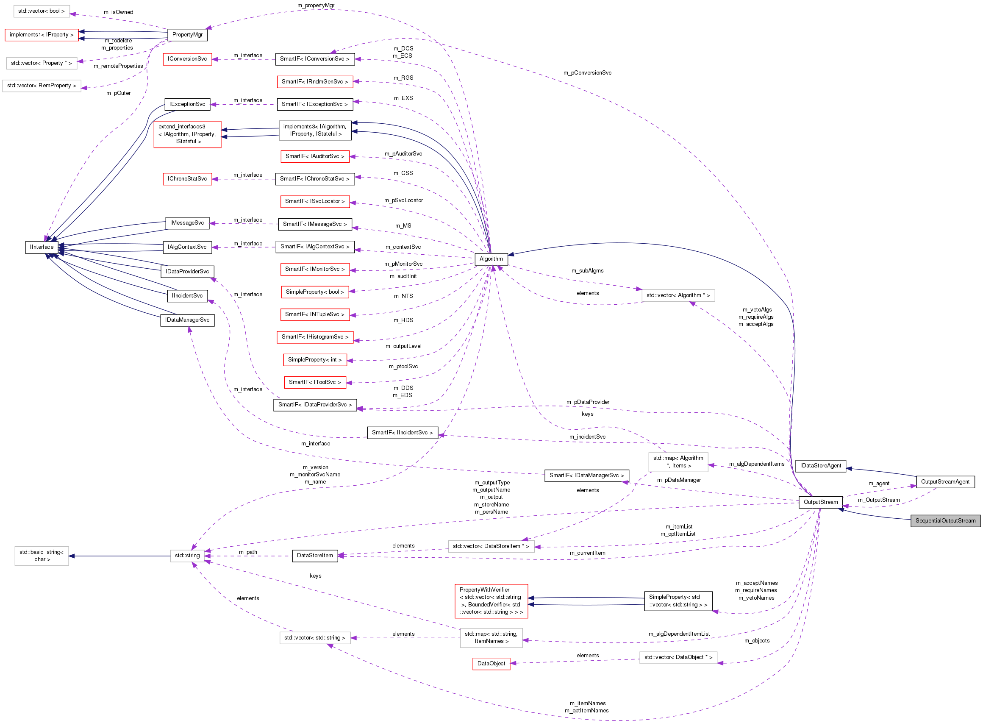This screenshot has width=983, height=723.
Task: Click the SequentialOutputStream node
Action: click(945, 521)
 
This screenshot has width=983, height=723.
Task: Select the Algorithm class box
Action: click(491, 259)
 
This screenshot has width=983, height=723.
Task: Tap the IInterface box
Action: click(42, 247)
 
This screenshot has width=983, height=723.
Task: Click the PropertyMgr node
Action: click(187, 35)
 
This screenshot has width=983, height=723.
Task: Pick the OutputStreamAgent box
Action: click(945, 482)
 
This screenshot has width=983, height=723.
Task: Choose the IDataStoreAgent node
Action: click(820, 466)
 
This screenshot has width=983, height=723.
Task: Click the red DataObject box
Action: click(491, 664)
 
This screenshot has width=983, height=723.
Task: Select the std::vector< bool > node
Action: click(42, 11)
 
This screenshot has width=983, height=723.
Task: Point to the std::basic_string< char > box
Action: click(42, 556)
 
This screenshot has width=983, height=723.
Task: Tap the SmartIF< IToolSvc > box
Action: click(315, 382)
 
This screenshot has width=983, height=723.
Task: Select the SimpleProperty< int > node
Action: click(315, 360)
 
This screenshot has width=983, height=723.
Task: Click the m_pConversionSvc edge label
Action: click(587, 72)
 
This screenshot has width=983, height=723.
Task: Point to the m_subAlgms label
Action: click(587, 270)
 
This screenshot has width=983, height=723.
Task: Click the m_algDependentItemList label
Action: click(679, 634)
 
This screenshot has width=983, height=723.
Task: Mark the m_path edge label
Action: click(248, 552)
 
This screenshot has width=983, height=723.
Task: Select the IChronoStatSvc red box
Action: click(187, 178)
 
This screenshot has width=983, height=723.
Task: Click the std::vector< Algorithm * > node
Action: click(678, 295)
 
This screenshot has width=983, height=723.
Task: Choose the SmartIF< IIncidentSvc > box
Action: click(403, 432)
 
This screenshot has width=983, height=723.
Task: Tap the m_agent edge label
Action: click(879, 484)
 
